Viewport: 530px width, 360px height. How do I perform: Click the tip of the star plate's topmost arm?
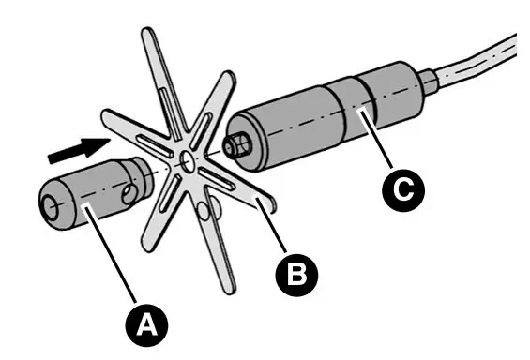click(x=145, y=35)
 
